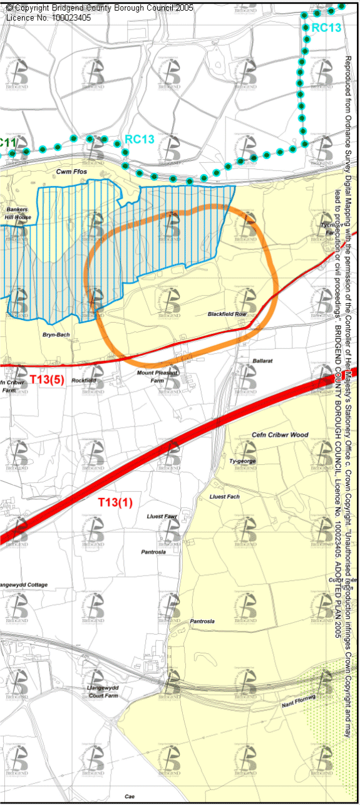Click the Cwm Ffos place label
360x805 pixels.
[x=69, y=171]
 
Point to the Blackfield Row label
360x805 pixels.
[x=227, y=314]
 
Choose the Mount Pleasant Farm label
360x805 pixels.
[x=157, y=377]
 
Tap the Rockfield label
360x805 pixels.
[x=83, y=380]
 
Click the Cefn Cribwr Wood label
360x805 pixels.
[x=280, y=435]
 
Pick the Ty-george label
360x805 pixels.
[x=243, y=462]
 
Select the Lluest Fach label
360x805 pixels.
[x=224, y=497]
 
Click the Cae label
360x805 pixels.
[x=130, y=797]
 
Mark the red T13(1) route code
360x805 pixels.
[x=115, y=502]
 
